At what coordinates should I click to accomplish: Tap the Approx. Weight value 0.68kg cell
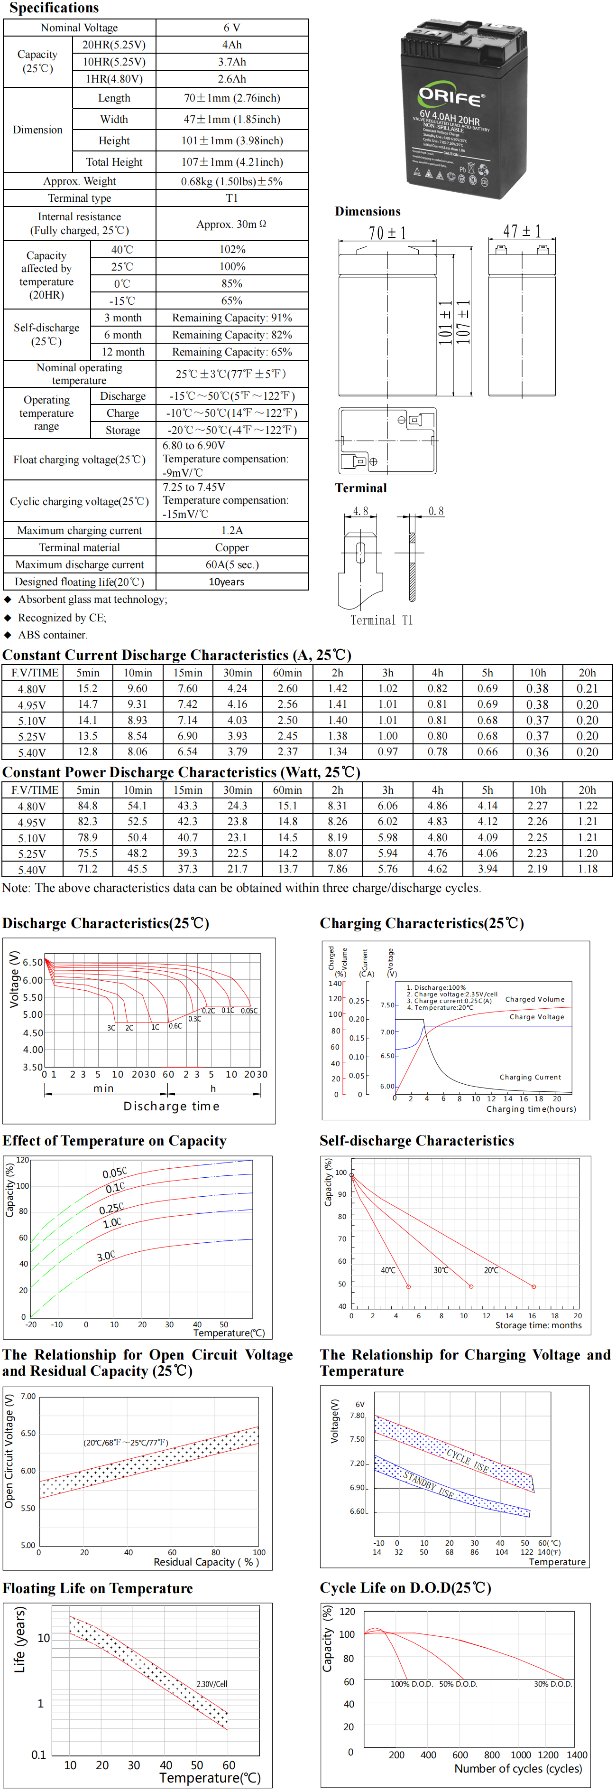[x=231, y=181]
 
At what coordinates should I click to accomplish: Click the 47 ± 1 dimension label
[x=522, y=231]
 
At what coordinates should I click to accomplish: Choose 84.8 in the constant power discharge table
[x=88, y=806]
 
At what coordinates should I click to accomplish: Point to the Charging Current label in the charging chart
[x=530, y=1077]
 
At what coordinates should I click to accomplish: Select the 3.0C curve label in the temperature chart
[x=106, y=1257]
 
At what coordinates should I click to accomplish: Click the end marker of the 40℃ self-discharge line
[x=408, y=1287]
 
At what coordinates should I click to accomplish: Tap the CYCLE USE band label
[x=467, y=1461]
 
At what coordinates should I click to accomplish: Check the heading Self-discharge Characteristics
[x=416, y=1141]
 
